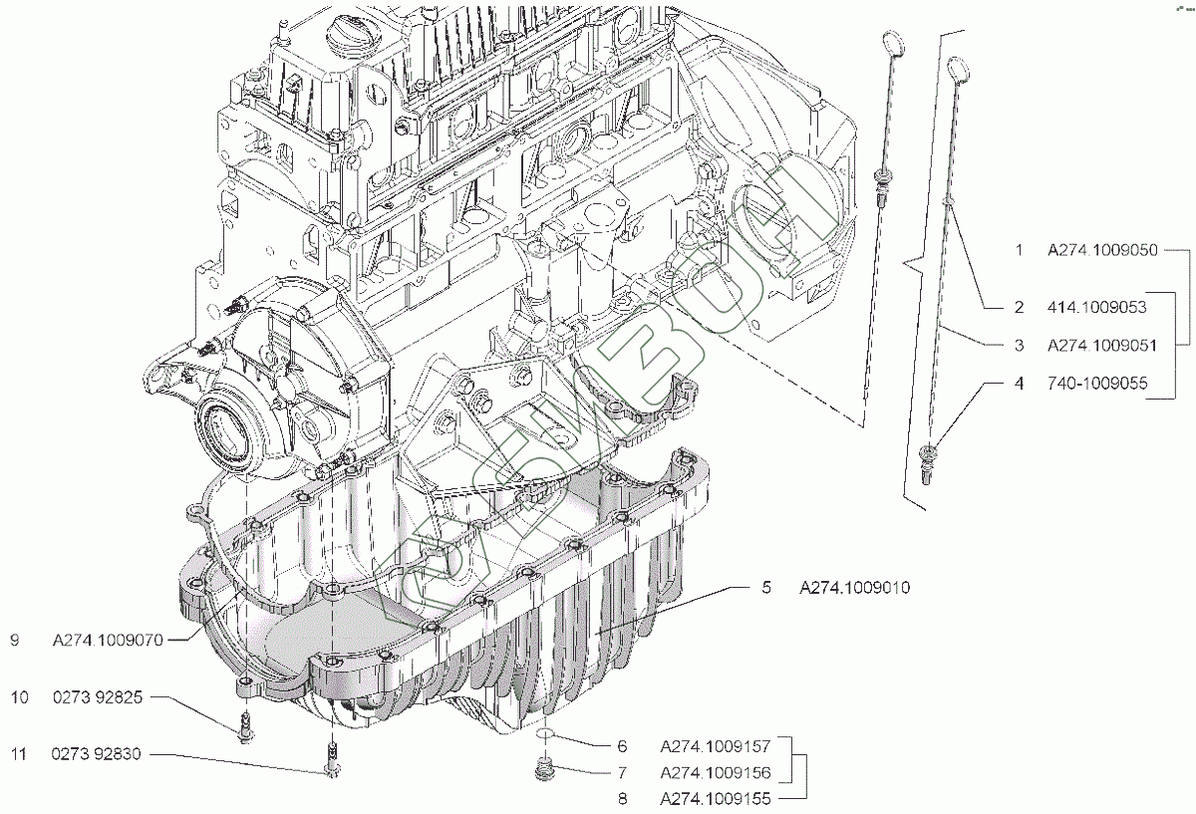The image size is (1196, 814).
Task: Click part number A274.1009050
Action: [x=1102, y=251]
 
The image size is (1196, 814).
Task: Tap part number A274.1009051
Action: [x=1102, y=346]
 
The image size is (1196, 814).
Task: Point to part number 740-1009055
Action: [x=1095, y=383]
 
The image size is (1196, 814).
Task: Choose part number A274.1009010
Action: [x=854, y=589]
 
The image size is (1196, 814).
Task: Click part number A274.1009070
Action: [x=108, y=642]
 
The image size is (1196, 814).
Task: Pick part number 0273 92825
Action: [x=99, y=698]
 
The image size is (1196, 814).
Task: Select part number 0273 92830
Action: [x=99, y=755]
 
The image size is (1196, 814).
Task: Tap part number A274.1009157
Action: [x=715, y=745]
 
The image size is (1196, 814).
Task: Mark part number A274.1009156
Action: [x=715, y=772]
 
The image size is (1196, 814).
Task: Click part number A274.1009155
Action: [x=715, y=798]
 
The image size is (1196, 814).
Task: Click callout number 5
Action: [x=766, y=589]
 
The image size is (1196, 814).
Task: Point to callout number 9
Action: [x=15, y=642]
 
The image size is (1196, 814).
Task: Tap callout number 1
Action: [x=1019, y=251]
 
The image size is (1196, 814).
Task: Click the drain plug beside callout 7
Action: [x=544, y=770]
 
